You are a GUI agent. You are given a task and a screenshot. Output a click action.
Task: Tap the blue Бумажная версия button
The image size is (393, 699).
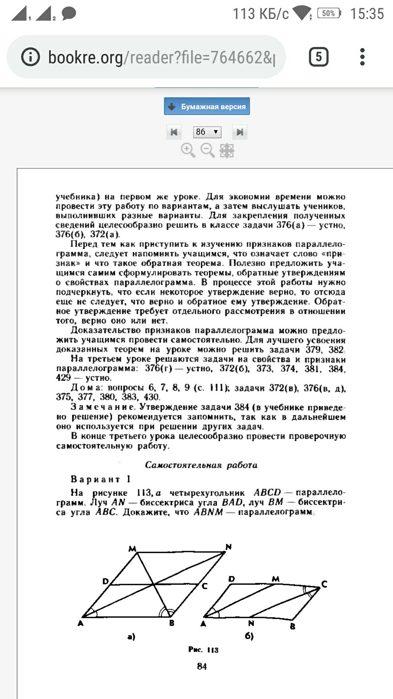point(207,106)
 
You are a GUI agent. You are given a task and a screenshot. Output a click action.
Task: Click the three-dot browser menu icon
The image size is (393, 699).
point(362,57)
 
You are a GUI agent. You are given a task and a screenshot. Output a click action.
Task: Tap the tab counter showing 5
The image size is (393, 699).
point(318,57)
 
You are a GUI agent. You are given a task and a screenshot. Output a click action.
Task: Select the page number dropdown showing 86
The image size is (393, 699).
point(207,132)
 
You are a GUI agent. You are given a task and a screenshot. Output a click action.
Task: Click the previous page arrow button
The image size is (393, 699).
point(174,132)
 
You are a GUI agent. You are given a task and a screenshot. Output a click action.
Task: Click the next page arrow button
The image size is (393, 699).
point(240,132)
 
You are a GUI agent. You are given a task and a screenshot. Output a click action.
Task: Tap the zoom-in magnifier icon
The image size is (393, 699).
point(188,150)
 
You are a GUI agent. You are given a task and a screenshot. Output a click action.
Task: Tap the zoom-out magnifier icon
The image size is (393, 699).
point(207,150)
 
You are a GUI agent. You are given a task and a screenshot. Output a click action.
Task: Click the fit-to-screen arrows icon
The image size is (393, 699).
point(227,150)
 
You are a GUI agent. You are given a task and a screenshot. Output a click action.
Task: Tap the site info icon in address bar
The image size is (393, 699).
point(30,57)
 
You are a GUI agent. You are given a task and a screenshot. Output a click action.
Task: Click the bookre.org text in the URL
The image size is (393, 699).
point(86,57)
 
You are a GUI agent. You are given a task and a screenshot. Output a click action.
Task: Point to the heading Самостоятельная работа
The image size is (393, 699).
point(201,465)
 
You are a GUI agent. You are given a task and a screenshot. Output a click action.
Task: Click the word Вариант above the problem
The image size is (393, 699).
point(95,479)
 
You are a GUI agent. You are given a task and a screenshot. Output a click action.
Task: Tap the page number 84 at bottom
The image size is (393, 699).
point(202,666)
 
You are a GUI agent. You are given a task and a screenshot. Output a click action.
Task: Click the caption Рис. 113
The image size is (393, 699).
point(203,650)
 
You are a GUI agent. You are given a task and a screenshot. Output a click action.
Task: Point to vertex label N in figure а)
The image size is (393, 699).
point(229,547)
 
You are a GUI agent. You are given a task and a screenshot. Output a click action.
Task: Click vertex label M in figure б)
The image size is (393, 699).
point(275,579)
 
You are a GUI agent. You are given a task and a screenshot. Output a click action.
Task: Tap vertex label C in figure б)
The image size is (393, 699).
point(324,584)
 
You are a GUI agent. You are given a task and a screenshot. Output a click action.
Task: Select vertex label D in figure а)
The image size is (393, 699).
point(106,581)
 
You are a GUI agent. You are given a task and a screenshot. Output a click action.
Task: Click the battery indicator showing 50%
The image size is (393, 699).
point(329,13)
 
